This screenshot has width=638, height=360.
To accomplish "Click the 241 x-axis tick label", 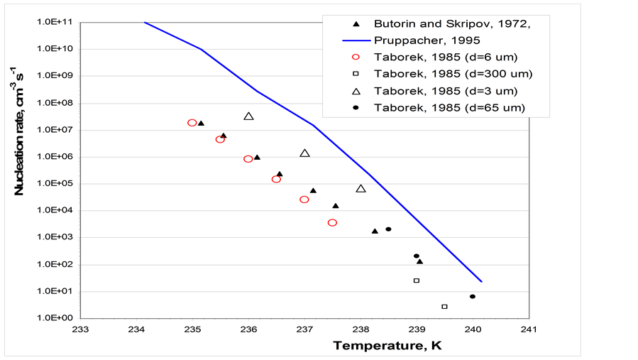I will [x=529, y=330].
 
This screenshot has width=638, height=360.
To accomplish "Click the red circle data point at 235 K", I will [x=192, y=123].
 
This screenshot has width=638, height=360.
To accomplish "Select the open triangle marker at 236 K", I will [x=248, y=116].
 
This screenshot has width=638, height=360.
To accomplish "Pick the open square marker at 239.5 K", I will [x=444, y=307].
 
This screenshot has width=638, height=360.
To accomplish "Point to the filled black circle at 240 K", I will [x=473, y=297].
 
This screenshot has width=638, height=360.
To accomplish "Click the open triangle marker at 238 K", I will [x=361, y=188].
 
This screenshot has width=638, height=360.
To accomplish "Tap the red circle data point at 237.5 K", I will [x=332, y=223].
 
